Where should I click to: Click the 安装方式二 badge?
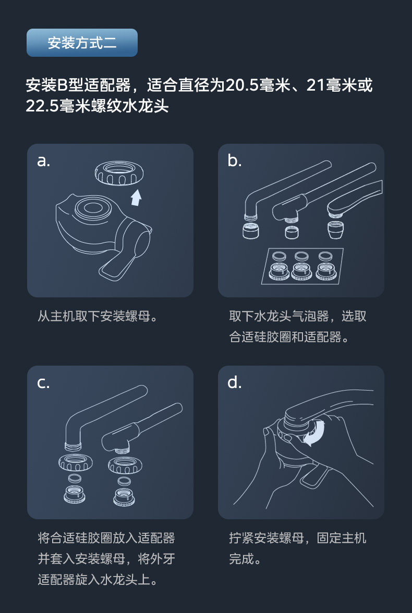(82, 43)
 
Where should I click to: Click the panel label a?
(43, 161)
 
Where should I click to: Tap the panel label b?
(235, 160)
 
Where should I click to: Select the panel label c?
(43, 383)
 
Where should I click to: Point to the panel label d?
(235, 382)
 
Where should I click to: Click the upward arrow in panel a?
(136, 197)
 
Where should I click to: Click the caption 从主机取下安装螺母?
(98, 316)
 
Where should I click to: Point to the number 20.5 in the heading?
(241, 85)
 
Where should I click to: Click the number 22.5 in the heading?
(42, 106)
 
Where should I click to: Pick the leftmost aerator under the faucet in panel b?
(251, 231)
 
